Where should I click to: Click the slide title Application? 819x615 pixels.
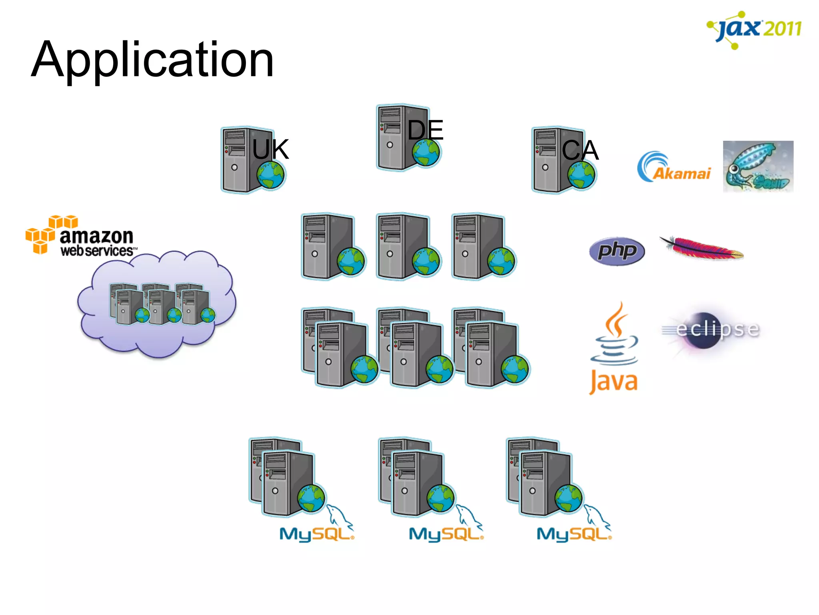click(152, 60)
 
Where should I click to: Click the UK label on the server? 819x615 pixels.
click(271, 149)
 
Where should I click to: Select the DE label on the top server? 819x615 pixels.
click(425, 130)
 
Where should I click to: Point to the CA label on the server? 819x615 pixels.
click(580, 151)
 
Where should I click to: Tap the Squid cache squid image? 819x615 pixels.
click(758, 166)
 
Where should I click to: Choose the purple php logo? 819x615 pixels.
click(617, 251)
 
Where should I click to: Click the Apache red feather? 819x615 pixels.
click(702, 248)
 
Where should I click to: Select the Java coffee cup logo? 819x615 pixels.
click(614, 348)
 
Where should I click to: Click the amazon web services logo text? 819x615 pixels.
click(96, 243)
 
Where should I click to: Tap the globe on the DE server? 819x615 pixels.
click(426, 153)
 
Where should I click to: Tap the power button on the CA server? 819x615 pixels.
click(545, 167)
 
